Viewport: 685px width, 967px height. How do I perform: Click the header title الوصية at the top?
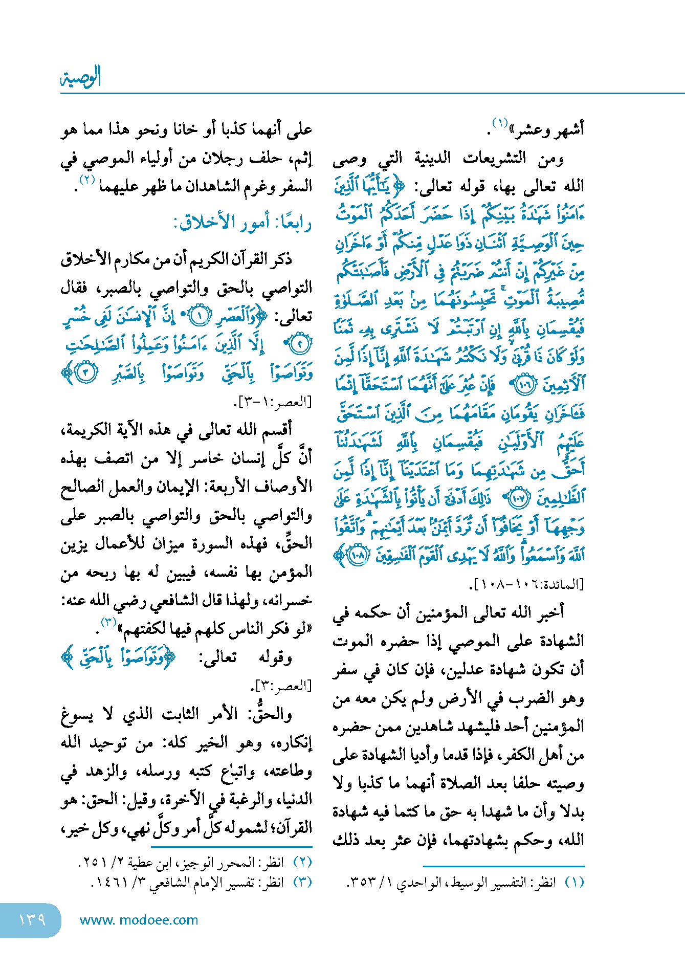81,77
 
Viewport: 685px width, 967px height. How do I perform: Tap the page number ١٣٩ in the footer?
32,919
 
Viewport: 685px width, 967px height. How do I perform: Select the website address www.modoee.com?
139,920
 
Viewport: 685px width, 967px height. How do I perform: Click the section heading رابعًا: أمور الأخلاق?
242,223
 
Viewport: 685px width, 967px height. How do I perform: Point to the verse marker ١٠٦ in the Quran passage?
523,385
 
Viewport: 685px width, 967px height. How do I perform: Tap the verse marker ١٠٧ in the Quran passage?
520,499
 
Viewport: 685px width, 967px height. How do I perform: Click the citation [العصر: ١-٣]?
273,402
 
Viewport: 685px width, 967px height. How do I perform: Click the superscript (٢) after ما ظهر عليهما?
87,180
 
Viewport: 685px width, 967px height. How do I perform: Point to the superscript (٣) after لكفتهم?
108,623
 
